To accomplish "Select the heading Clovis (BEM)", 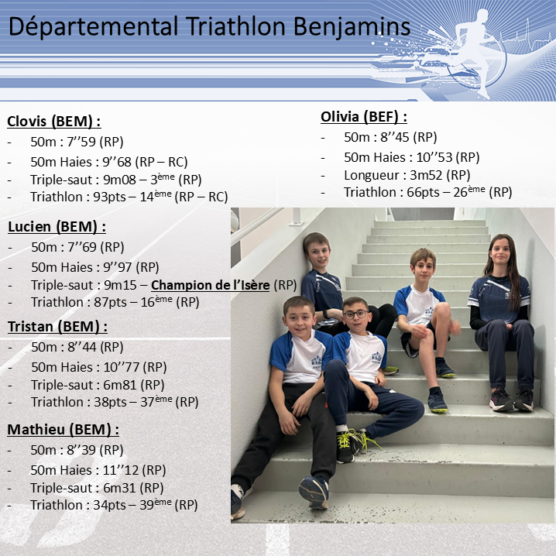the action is point(54,122).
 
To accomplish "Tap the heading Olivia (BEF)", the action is point(364,117).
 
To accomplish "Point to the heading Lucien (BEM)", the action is point(57,227).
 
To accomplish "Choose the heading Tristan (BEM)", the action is point(57,327).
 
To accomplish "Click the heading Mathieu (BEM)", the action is point(63,430).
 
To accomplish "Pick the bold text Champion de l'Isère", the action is point(211,285).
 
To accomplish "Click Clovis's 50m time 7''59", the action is point(81,142).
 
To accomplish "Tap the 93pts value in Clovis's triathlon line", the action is point(109,197).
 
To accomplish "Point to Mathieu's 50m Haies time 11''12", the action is point(121,470).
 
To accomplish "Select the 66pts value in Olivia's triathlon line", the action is point(423,192).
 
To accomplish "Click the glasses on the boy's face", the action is point(356,314).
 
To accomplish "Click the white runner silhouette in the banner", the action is point(472,53).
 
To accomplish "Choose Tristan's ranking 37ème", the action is point(156,401).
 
